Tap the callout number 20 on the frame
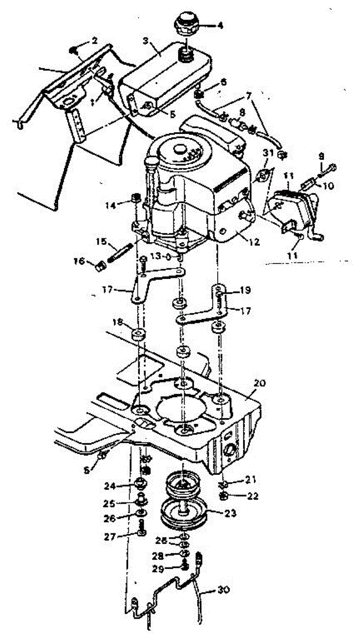click(x=260, y=383)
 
